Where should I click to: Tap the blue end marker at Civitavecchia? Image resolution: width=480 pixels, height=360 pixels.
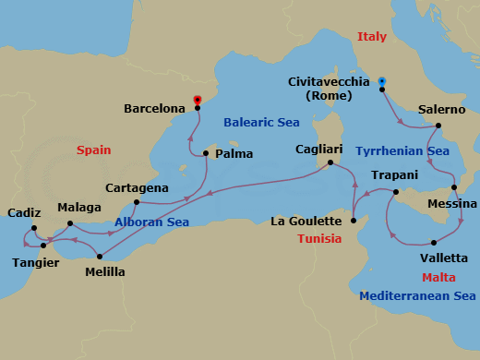point(381,81)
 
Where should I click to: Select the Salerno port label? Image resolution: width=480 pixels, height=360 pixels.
point(441,109)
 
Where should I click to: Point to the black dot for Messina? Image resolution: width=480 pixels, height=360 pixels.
point(453,187)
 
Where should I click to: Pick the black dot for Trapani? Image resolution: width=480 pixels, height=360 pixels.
point(394,192)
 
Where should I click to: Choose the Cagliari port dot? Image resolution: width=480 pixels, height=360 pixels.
point(331,164)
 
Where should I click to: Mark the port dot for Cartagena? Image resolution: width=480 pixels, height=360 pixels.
point(136,202)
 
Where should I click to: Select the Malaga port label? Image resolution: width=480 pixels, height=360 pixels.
point(78,208)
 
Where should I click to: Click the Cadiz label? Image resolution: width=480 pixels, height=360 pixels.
point(23,212)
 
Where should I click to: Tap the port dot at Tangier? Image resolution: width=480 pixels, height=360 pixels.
point(43,246)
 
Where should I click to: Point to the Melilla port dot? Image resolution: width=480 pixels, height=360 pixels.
point(99,257)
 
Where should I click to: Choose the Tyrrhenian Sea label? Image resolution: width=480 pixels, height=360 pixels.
point(402,150)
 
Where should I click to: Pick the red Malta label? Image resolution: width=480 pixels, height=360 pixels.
point(438,277)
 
